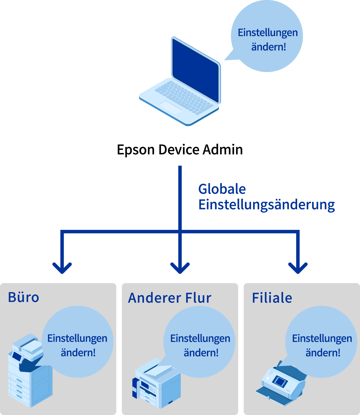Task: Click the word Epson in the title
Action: click(x=136, y=150)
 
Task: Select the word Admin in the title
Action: click(x=223, y=150)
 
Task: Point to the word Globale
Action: click(x=222, y=189)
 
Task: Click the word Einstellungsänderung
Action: click(x=266, y=205)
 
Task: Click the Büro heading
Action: click(x=24, y=297)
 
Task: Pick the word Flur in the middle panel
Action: click(x=198, y=298)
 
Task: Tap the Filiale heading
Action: click(x=272, y=298)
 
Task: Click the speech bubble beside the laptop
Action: click(x=267, y=36)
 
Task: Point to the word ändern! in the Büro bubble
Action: click(x=78, y=353)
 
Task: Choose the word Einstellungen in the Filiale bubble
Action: click(x=322, y=338)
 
